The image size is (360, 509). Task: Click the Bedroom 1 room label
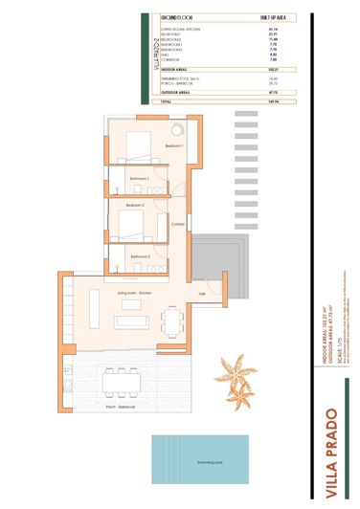tap(173, 145)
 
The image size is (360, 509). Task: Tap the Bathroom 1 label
tap(142, 179)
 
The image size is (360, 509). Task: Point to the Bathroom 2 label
tap(141, 256)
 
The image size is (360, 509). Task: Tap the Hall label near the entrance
tap(202, 293)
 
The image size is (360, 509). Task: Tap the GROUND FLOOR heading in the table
tap(180, 17)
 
